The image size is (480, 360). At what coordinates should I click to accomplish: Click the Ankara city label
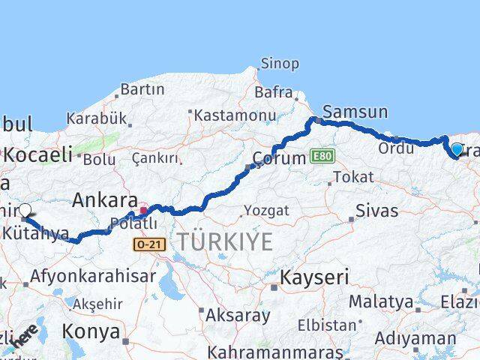coord(106,201)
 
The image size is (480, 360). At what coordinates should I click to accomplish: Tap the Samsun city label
coord(355,112)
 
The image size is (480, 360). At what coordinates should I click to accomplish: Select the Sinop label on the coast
coord(279,64)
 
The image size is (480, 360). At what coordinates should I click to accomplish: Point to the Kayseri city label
coord(314,277)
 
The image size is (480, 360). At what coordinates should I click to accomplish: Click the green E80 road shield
coord(323,156)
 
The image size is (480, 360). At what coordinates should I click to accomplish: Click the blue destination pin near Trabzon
coord(457,150)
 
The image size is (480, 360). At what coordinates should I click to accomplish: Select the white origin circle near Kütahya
coord(25,211)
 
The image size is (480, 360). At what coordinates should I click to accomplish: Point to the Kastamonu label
coord(235,115)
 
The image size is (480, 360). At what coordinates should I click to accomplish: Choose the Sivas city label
coord(376,210)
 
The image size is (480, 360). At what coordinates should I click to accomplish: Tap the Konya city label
coord(90,331)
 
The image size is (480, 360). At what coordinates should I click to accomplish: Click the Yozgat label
coord(265,211)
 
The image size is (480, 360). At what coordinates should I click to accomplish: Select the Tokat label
coord(352,177)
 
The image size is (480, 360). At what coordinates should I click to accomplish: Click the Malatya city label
coord(381,302)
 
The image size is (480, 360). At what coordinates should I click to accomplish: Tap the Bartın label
coord(142,89)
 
